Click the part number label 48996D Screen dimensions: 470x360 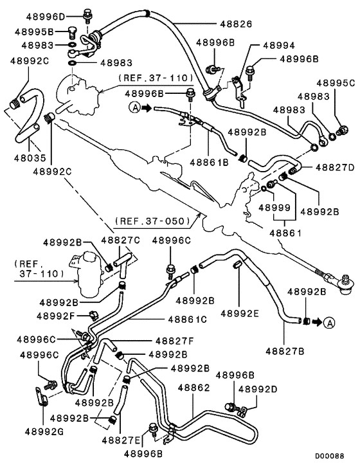(x=45, y=15)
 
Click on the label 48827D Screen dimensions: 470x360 (x=334, y=168)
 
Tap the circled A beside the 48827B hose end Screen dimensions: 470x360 (x=328, y=321)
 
